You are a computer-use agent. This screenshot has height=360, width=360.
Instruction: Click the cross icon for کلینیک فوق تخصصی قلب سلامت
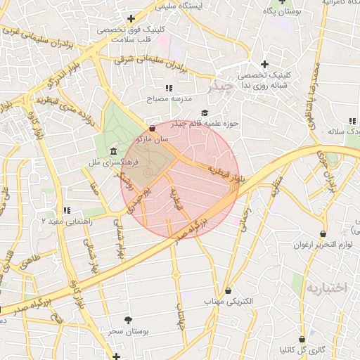130,19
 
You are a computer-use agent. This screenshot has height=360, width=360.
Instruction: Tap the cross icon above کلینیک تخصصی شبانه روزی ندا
264,64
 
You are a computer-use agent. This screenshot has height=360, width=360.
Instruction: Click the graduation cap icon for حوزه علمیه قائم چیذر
205,112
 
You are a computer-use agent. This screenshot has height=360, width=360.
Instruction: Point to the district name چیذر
219,87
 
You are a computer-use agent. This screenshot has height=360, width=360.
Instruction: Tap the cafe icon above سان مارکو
153,128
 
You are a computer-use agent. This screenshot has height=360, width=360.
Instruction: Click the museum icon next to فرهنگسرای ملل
113,153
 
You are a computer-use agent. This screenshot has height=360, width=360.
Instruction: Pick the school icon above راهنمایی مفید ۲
67,210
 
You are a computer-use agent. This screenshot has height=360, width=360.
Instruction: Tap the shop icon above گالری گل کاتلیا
302,339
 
